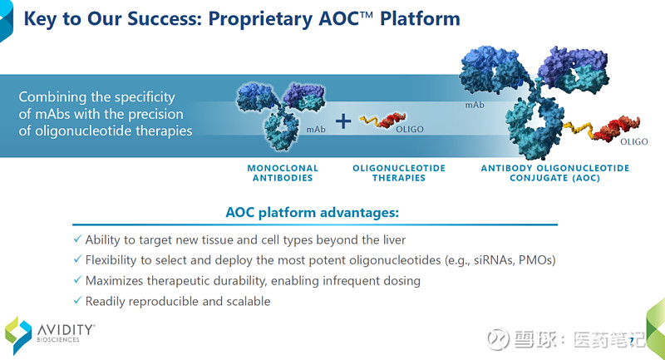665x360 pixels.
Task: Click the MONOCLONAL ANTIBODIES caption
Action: pyautogui.click(x=280, y=173)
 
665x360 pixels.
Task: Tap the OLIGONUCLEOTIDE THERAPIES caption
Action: pyautogui.click(x=399, y=173)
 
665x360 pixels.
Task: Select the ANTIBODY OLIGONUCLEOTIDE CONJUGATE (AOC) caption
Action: pyautogui.click(x=555, y=173)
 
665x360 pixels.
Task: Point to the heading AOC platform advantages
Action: pyautogui.click(x=313, y=213)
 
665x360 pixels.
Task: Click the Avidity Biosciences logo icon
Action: pyautogui.click(x=17, y=335)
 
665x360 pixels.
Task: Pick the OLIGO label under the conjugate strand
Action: pyautogui.click(x=633, y=142)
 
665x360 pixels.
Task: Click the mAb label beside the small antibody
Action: pyautogui.click(x=316, y=130)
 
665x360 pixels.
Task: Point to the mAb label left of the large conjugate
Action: pyautogui.click(x=475, y=106)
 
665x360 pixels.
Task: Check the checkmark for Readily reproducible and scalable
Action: pyautogui.click(x=77, y=301)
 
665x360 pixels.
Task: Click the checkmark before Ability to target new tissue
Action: pyautogui.click(x=77, y=239)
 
